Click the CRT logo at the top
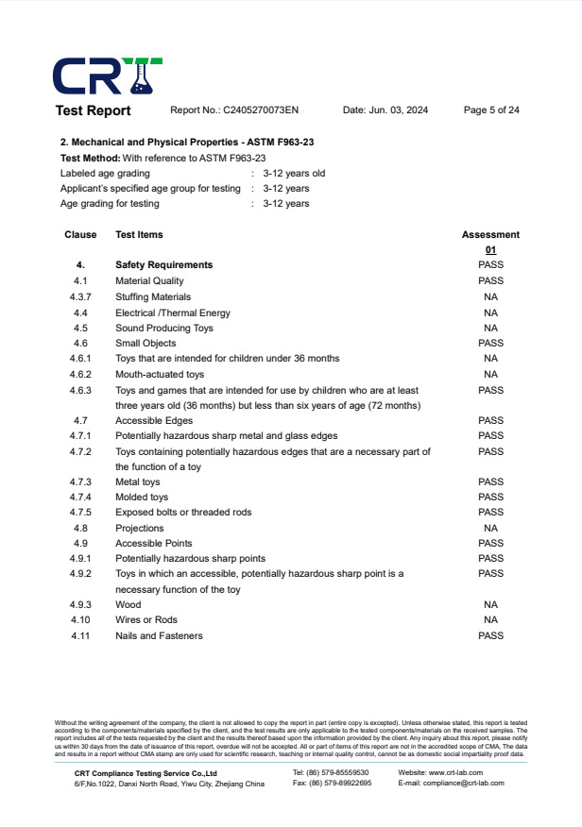[x=107, y=76]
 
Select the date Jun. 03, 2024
[x=385, y=110]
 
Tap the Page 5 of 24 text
[x=491, y=110]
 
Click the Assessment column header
[x=490, y=235]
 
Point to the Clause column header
[x=80, y=235]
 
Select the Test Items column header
[x=139, y=235]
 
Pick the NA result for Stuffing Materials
[x=490, y=297]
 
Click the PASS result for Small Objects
[x=490, y=344]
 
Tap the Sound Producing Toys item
[x=164, y=329]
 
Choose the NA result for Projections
[x=490, y=529]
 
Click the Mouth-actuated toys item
[x=160, y=375]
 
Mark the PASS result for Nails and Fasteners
[x=490, y=636]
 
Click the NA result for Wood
[x=490, y=605]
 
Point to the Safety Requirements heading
[x=163, y=265]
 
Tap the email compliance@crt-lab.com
[x=465, y=784]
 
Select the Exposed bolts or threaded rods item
[x=183, y=513]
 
